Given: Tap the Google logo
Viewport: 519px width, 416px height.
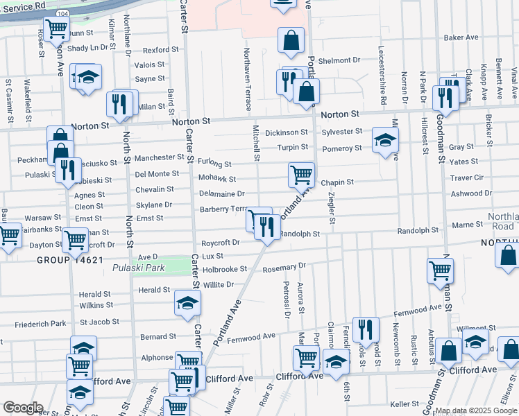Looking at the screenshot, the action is tap(22, 408).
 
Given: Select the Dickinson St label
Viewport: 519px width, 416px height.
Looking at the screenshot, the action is tap(287, 132).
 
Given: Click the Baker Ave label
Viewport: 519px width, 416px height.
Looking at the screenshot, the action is tap(462, 37).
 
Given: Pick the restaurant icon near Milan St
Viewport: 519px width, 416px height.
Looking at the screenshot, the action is tap(119, 104).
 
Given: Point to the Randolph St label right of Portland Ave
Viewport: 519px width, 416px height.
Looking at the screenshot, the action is tap(299, 234).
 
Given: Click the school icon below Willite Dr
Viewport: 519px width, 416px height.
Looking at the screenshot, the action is tap(187, 304).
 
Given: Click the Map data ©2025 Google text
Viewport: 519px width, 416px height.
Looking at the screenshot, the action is tap(476, 410).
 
